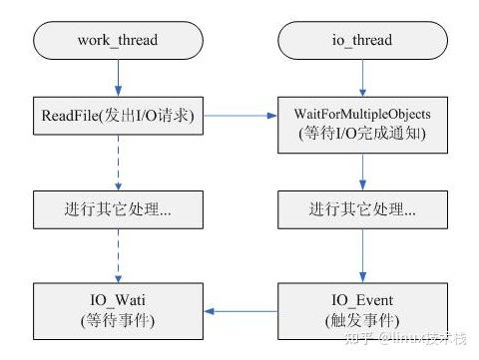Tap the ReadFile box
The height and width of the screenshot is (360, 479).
coord(119,118)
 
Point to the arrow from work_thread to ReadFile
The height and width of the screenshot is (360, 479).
coord(119,78)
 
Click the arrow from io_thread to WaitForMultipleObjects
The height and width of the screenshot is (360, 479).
coord(362,78)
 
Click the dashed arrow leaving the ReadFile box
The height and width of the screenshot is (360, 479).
coord(119,165)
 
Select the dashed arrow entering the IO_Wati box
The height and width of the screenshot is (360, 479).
coord(119,259)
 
